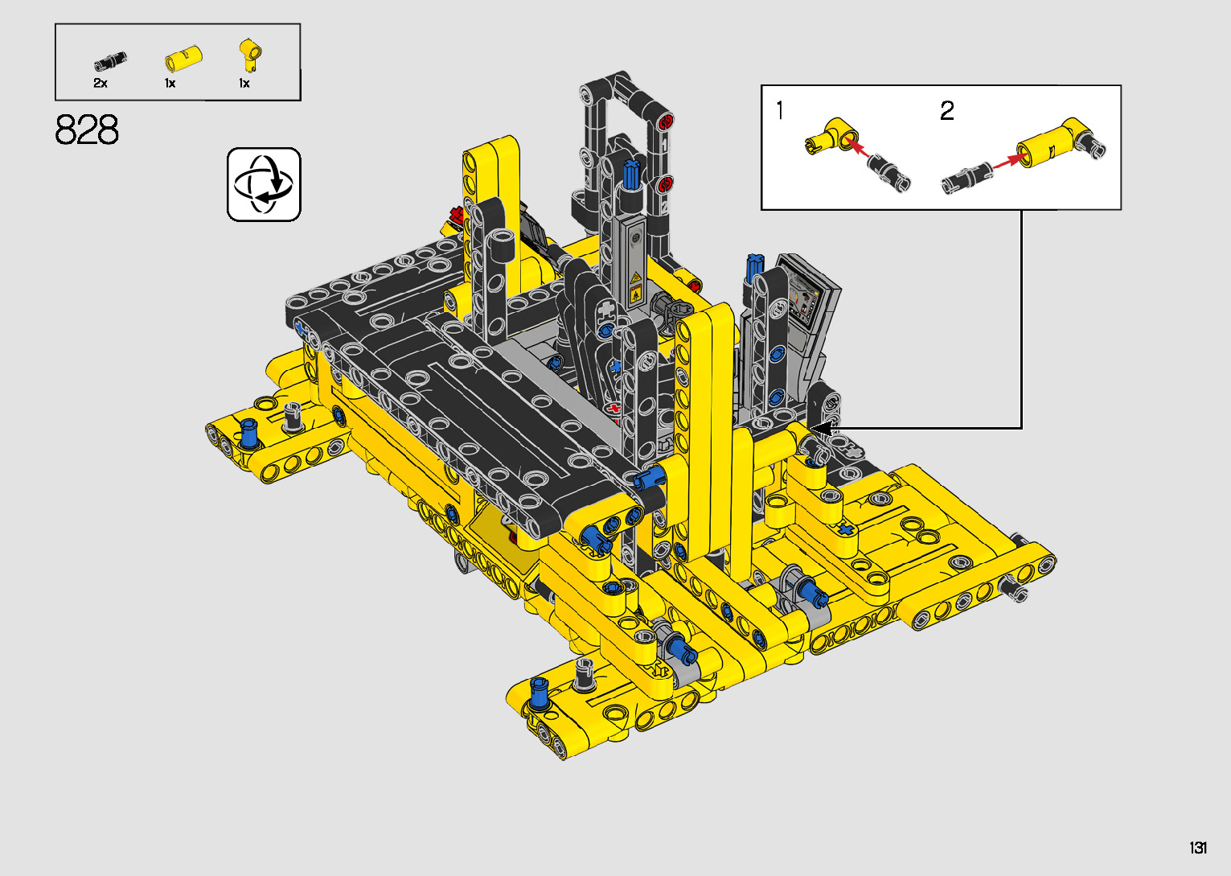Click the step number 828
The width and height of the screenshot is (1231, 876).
coord(87,130)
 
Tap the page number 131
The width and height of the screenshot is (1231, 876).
coord(1198,847)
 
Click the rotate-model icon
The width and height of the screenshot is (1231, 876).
coord(264,184)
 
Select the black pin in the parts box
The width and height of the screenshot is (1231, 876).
coord(110,60)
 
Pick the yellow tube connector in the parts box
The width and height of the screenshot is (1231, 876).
coord(183,58)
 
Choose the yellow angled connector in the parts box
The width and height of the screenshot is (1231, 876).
coord(251,55)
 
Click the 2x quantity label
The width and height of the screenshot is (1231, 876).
coord(101,83)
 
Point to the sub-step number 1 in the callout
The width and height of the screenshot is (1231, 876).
coord(780,110)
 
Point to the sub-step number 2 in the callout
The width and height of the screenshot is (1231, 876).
coord(947,111)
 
